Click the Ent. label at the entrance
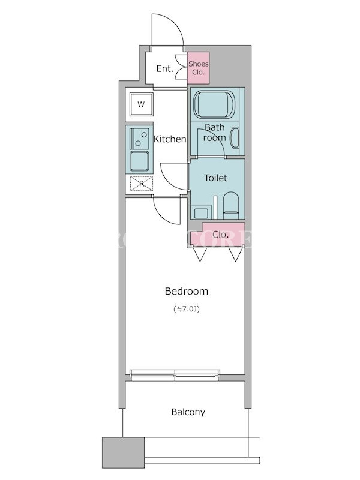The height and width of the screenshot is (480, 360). [x=165, y=68]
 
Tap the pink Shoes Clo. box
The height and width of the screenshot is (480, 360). [x=197, y=67]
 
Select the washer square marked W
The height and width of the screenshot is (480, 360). [x=142, y=104]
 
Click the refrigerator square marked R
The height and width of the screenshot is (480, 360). [x=142, y=184]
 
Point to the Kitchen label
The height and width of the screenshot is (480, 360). [x=170, y=139]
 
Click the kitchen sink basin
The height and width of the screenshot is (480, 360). [x=140, y=161]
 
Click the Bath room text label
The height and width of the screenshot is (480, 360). [x=215, y=133]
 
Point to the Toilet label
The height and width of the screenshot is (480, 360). [x=215, y=178]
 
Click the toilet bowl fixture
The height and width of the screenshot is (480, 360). [x=230, y=204]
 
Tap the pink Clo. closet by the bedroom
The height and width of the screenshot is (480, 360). [x=220, y=235]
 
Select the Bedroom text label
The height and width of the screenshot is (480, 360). [x=187, y=292]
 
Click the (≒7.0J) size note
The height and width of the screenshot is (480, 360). [x=187, y=310]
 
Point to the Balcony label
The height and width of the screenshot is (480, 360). [x=188, y=412]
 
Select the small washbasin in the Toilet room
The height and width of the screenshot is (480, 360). [x=200, y=211]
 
